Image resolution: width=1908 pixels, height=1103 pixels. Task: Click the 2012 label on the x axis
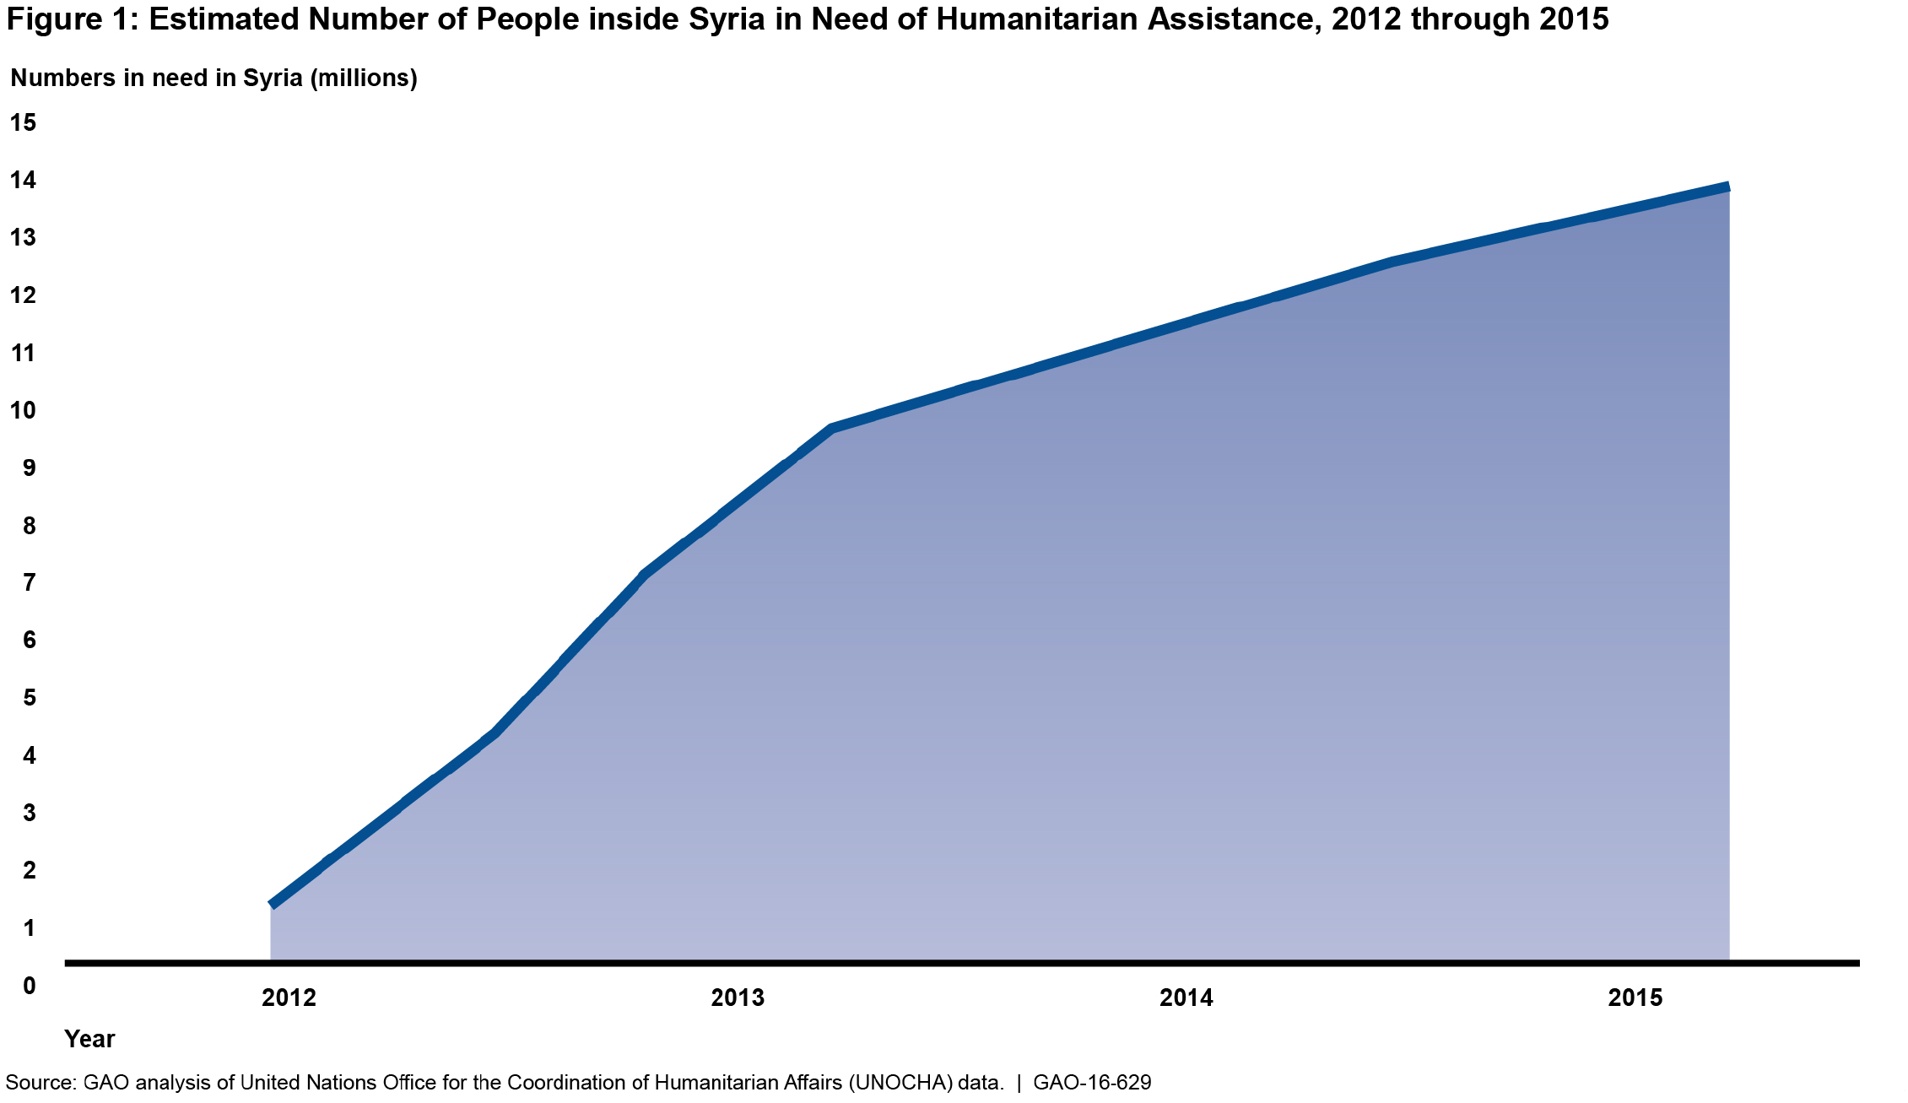click(x=289, y=998)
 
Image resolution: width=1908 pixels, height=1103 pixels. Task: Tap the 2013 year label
click(x=738, y=998)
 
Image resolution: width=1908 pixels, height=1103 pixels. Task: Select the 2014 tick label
click(x=1186, y=998)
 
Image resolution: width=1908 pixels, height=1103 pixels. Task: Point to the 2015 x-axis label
click(x=1635, y=998)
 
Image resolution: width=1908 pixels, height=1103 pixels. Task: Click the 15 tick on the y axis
click(x=24, y=123)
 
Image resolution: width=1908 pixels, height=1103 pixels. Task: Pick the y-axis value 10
click(x=24, y=411)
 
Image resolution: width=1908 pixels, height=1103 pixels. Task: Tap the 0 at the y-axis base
click(x=30, y=986)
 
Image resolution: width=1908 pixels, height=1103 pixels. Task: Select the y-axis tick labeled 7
click(x=30, y=583)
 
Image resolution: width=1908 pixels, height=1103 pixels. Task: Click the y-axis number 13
click(x=24, y=238)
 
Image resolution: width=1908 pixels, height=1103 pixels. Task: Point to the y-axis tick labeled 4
click(x=30, y=756)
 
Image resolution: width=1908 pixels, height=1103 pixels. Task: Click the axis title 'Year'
click(x=89, y=1039)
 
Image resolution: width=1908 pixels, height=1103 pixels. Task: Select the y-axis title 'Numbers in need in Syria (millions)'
click(x=214, y=78)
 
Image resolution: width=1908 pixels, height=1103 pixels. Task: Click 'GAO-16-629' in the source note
click(x=1092, y=1083)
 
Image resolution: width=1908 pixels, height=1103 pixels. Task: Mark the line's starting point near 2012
click(x=272, y=904)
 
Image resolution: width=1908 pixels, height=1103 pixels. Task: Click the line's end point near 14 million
click(x=1727, y=187)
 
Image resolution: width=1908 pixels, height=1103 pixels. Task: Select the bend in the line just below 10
click(x=832, y=429)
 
